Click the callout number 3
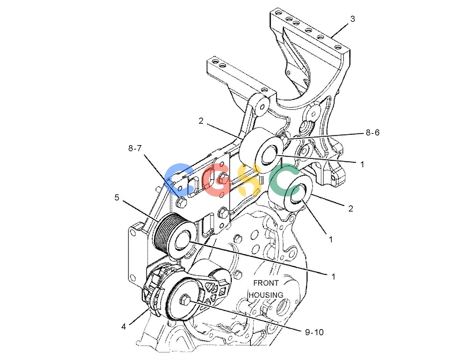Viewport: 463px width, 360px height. point(353,19)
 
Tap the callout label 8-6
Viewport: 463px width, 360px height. point(373,133)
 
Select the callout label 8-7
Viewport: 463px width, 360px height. point(135,148)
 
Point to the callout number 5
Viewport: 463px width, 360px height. point(117,197)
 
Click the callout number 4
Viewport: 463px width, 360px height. point(124,327)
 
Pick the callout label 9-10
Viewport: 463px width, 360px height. point(314,332)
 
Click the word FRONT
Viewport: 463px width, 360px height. point(266,283)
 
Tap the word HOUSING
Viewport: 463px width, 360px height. point(266,295)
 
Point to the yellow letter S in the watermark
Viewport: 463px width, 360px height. point(250,180)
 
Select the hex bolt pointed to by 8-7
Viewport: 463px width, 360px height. point(181,202)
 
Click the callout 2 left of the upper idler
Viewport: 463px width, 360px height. point(201,121)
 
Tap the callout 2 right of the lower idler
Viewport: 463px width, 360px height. point(350,208)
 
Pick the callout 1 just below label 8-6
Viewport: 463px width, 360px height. point(362,164)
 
